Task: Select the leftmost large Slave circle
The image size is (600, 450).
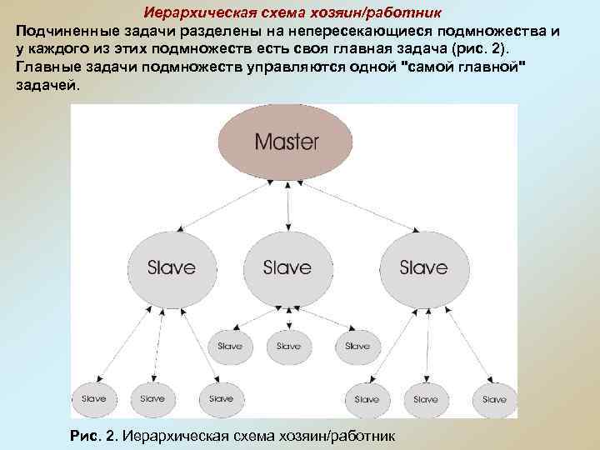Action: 171,267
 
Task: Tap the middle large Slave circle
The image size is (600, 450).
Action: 287,267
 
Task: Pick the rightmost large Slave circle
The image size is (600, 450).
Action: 422,267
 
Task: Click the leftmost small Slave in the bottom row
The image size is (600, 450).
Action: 93,398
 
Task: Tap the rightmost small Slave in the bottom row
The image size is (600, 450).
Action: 494,399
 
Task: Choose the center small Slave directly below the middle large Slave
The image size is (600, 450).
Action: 288,346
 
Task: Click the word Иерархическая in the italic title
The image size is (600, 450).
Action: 193,13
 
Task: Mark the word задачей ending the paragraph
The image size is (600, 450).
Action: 47,87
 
